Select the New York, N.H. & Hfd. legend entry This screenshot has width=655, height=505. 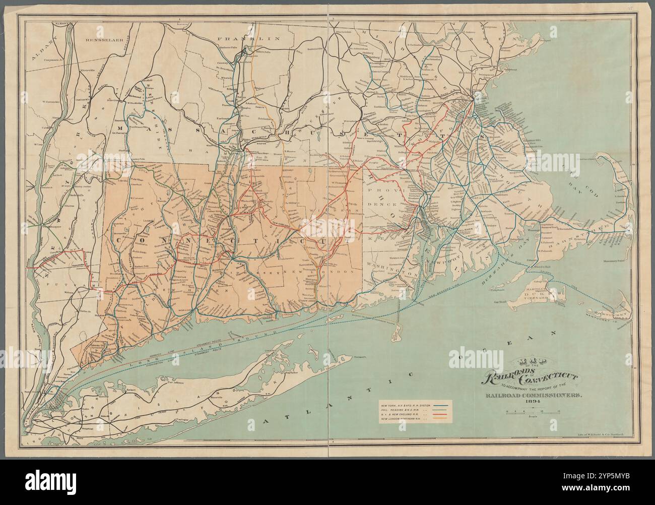pos(416,405)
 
